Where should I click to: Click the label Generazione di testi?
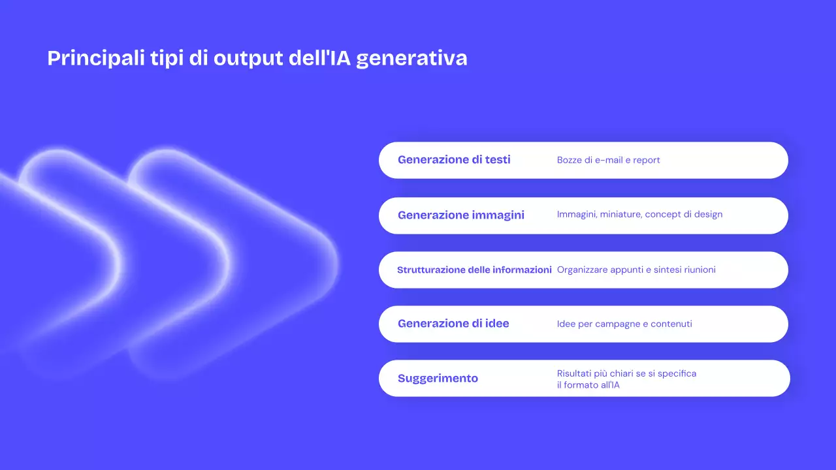(x=454, y=160)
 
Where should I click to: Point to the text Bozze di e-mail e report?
(x=608, y=160)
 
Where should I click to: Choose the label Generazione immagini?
(x=460, y=215)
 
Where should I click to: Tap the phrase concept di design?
(x=683, y=214)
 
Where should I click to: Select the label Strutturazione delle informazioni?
(x=474, y=270)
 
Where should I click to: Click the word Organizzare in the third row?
(x=582, y=270)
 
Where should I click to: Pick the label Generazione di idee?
(x=453, y=324)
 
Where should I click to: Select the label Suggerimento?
(x=438, y=379)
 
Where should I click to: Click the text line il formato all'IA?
(x=588, y=385)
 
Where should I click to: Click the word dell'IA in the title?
(x=327, y=58)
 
